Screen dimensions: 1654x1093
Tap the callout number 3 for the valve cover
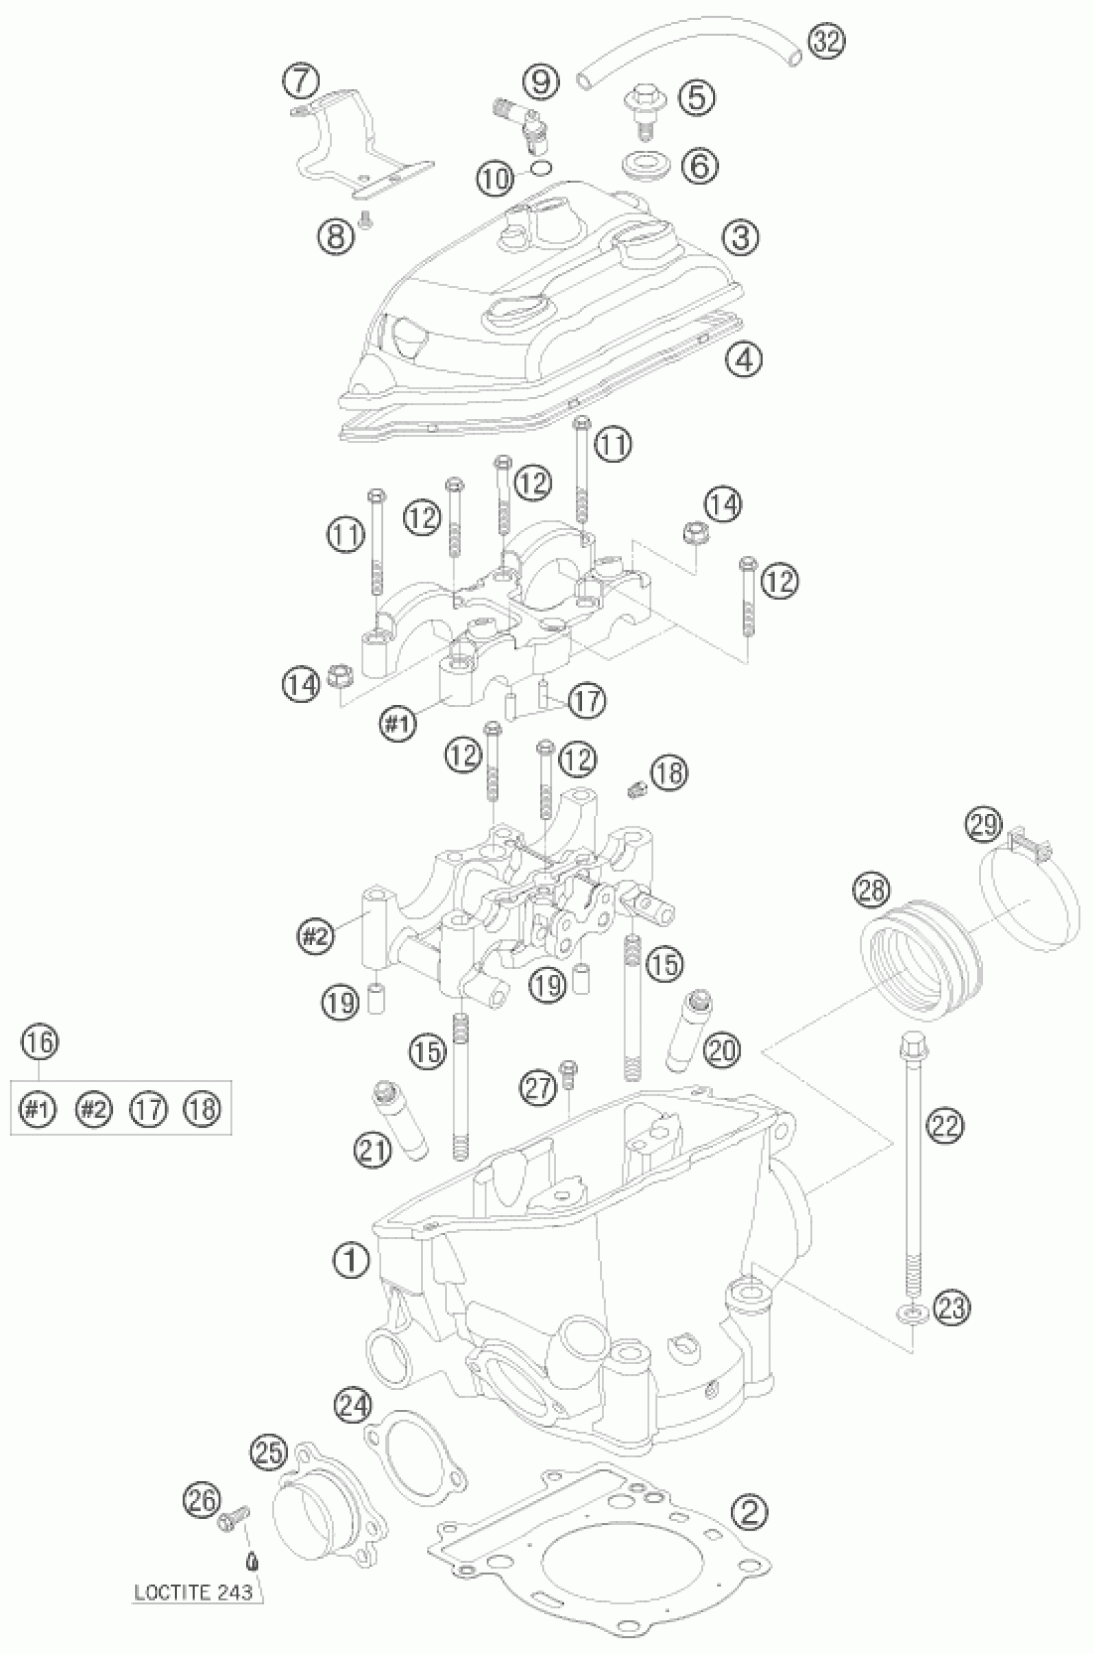click(740, 238)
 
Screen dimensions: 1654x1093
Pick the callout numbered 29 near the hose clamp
click(982, 826)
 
